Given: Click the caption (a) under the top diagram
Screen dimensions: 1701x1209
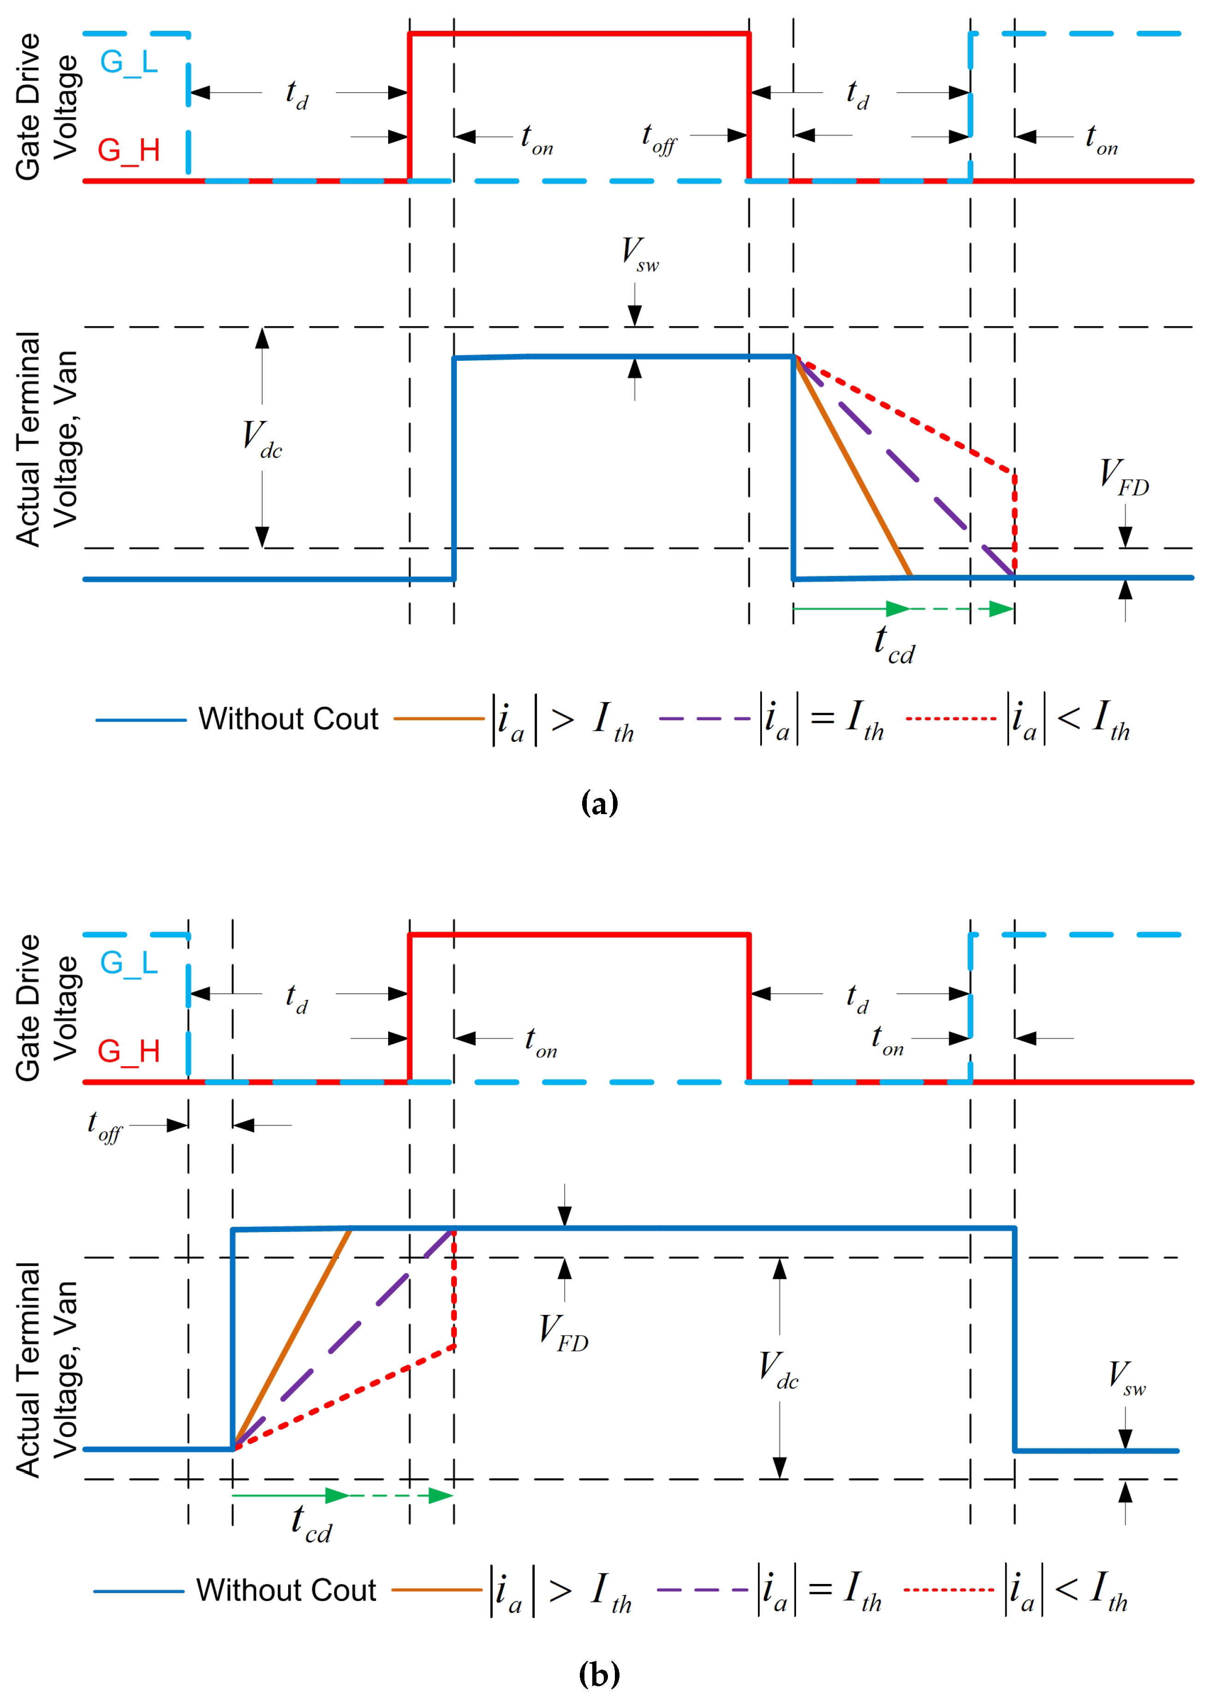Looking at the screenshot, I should [x=599, y=804].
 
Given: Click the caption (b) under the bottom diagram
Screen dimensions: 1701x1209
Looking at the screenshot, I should [x=599, y=1674].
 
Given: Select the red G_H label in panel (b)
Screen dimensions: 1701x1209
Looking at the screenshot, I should [x=129, y=1051].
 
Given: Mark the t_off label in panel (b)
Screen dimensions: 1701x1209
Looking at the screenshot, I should [x=104, y=1126].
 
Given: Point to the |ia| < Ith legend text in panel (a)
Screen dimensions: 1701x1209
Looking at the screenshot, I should [x=1068, y=719].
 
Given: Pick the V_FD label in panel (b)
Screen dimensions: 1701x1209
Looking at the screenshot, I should [x=564, y=1333].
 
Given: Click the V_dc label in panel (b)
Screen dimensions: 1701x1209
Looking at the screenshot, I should [x=778, y=1370].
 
